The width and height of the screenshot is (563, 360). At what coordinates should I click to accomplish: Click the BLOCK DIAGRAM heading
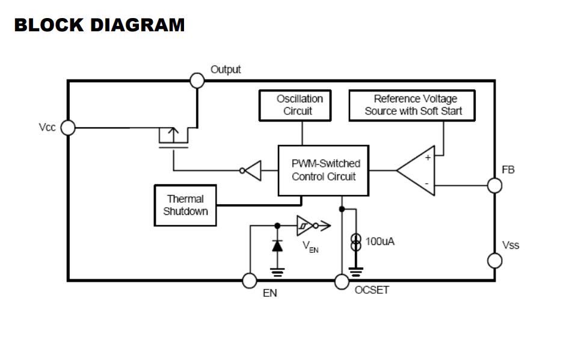point(99,25)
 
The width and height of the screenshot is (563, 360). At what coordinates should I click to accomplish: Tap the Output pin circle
point(197,79)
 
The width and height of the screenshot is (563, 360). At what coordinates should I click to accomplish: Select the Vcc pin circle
point(68,128)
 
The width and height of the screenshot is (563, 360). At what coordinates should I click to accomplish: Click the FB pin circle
point(494,185)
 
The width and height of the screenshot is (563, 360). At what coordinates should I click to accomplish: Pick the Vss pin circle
point(494,260)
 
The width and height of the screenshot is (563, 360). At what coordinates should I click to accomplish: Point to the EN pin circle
point(249,281)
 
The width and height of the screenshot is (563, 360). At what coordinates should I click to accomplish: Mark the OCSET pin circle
point(342,281)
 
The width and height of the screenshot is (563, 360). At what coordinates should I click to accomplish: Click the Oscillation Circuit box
point(300,105)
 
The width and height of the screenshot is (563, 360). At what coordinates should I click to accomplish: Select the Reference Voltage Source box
point(411,105)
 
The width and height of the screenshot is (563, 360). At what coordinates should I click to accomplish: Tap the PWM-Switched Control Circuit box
point(324,170)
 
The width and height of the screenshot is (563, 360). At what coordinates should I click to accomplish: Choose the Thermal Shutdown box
point(185,205)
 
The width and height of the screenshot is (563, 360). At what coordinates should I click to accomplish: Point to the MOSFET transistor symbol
point(173,138)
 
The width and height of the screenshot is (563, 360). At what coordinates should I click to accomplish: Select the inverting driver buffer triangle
point(252,170)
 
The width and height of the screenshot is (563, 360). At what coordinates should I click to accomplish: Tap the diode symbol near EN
point(277,246)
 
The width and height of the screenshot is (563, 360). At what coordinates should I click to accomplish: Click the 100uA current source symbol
point(356,242)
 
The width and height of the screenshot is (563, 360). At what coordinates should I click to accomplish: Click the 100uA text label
point(380,241)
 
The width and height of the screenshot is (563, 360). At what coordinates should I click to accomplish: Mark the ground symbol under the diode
point(277,272)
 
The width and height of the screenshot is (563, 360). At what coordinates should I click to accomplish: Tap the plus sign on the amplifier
point(428,158)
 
